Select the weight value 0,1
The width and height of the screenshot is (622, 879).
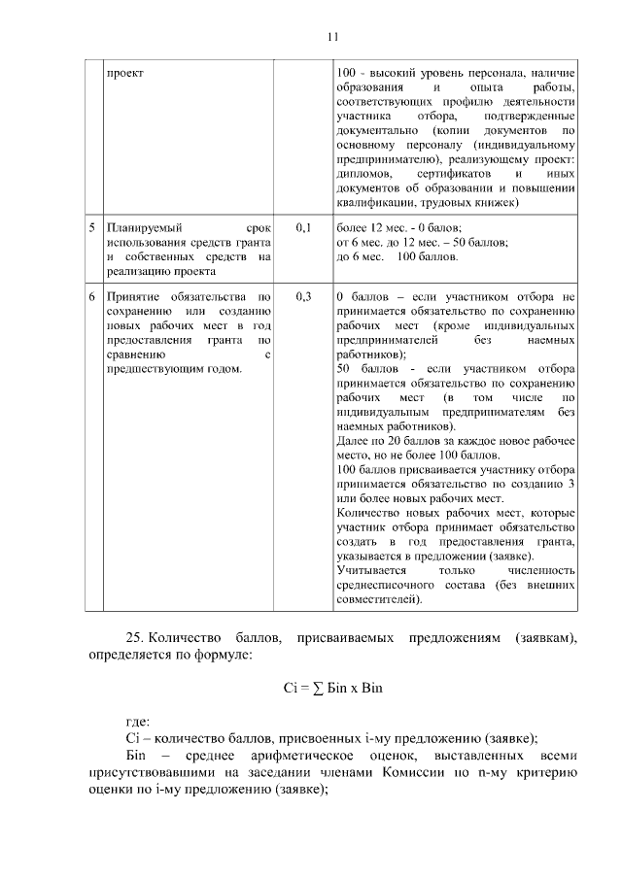pos(301,227)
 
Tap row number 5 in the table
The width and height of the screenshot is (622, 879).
pos(91,227)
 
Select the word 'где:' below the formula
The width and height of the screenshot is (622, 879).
pos(137,722)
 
